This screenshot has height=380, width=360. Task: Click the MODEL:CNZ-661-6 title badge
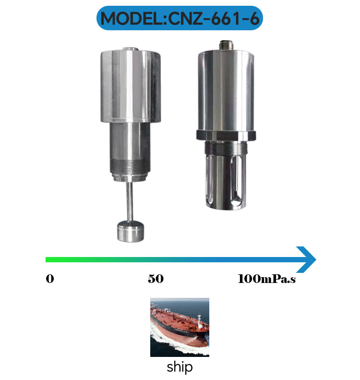(x=180, y=18)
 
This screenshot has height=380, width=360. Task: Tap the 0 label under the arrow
(x=50, y=279)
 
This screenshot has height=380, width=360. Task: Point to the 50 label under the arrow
(x=156, y=279)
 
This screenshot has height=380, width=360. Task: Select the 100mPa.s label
(x=266, y=279)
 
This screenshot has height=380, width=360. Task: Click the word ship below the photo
(x=180, y=367)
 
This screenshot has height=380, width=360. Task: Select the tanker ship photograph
(x=180, y=327)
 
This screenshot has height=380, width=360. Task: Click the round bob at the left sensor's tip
(x=131, y=232)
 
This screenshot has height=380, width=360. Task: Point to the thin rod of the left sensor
(x=130, y=201)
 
